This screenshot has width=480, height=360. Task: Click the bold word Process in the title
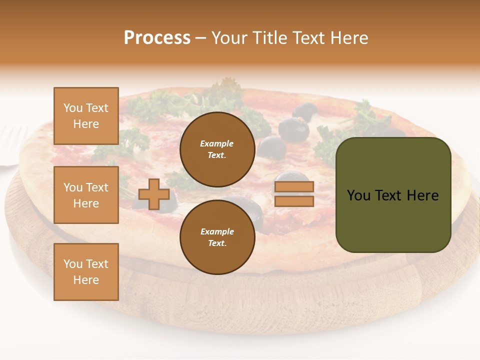pyautogui.click(x=157, y=38)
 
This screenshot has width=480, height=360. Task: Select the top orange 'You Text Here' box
pyautogui.click(x=86, y=116)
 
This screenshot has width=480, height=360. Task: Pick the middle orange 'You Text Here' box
pyautogui.click(x=86, y=195)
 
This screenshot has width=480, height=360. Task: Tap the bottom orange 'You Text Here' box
pyautogui.click(x=86, y=272)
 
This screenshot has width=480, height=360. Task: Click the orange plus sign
pyautogui.click(x=154, y=194)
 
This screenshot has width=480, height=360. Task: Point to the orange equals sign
pyautogui.click(x=294, y=194)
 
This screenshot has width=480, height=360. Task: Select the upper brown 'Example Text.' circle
pyautogui.click(x=217, y=149)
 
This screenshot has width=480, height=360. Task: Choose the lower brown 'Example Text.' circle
pyautogui.click(x=217, y=237)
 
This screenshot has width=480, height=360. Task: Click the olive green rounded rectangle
pyautogui.click(x=393, y=195)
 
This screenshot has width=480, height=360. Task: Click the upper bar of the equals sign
pyautogui.click(x=294, y=187)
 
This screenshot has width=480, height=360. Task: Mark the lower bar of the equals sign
pyautogui.click(x=294, y=201)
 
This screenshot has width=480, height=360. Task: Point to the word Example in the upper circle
pyautogui.click(x=217, y=143)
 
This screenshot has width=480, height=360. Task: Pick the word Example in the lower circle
pyautogui.click(x=217, y=231)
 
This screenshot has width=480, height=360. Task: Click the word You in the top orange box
pyautogui.click(x=73, y=108)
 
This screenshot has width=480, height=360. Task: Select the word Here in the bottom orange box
pyautogui.click(x=86, y=280)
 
